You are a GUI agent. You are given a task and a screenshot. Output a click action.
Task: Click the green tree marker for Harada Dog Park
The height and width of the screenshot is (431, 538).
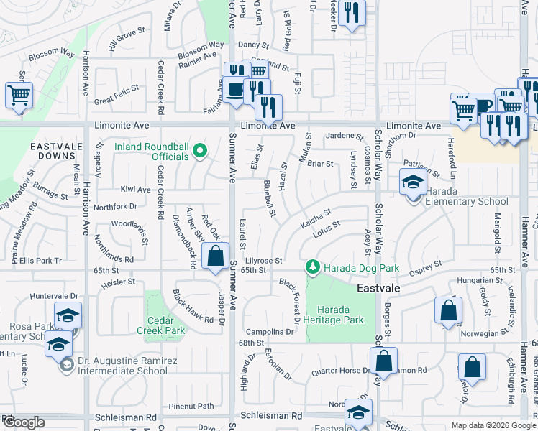(x=313, y=268)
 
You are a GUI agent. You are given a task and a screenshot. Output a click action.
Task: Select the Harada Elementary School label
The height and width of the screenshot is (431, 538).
(x=466, y=201)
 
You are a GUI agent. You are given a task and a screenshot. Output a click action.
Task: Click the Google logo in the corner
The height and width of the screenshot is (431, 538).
(x=23, y=422)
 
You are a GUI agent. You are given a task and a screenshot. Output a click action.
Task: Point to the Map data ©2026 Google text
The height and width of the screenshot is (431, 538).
(x=493, y=425)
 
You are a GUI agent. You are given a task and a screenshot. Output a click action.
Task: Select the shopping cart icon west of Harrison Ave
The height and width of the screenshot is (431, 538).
(x=19, y=94)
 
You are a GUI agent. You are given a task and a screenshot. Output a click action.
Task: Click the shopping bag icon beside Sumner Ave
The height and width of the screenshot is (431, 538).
(x=215, y=256)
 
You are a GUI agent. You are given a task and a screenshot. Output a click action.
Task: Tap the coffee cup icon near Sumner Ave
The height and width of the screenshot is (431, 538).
(x=234, y=90)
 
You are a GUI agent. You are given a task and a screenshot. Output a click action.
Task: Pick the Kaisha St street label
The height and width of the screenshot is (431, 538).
(x=316, y=218)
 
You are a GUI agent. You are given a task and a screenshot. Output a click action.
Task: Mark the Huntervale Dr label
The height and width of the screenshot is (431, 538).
(x=53, y=295)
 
